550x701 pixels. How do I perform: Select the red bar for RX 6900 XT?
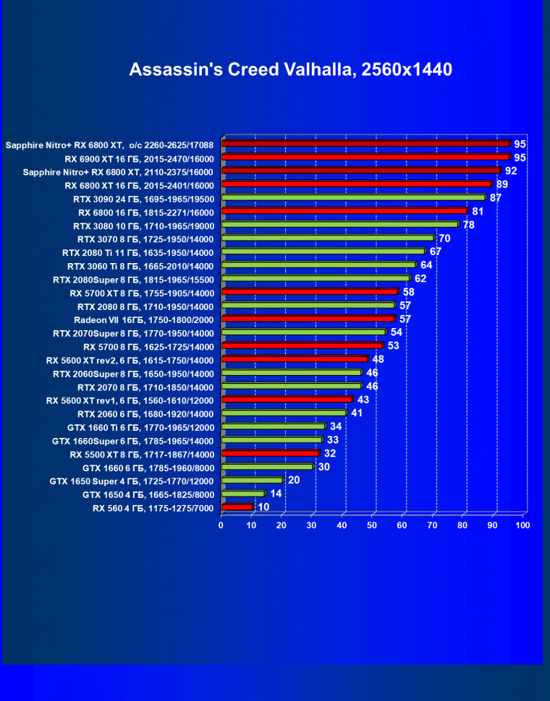tap(365, 157)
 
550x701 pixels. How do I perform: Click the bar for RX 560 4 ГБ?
tap(237, 507)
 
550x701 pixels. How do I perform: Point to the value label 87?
tap(496, 197)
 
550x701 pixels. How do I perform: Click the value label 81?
tap(478, 211)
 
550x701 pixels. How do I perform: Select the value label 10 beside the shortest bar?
tap(263, 507)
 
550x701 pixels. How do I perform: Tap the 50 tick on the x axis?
tap(373, 525)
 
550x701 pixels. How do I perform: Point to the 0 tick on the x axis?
tap(221, 525)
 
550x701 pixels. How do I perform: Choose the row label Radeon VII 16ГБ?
tap(144, 319)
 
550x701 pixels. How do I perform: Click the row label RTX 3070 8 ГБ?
tap(145, 238)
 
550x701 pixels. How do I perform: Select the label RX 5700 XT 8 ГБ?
tap(142, 293)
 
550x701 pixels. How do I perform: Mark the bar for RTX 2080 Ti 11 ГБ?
tap(323, 251)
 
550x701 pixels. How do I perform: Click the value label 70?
tap(444, 238)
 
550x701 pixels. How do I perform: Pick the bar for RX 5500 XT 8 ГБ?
tap(270, 453)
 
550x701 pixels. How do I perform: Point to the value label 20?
tap(294, 481)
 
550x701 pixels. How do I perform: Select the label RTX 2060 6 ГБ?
tap(145, 414)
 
